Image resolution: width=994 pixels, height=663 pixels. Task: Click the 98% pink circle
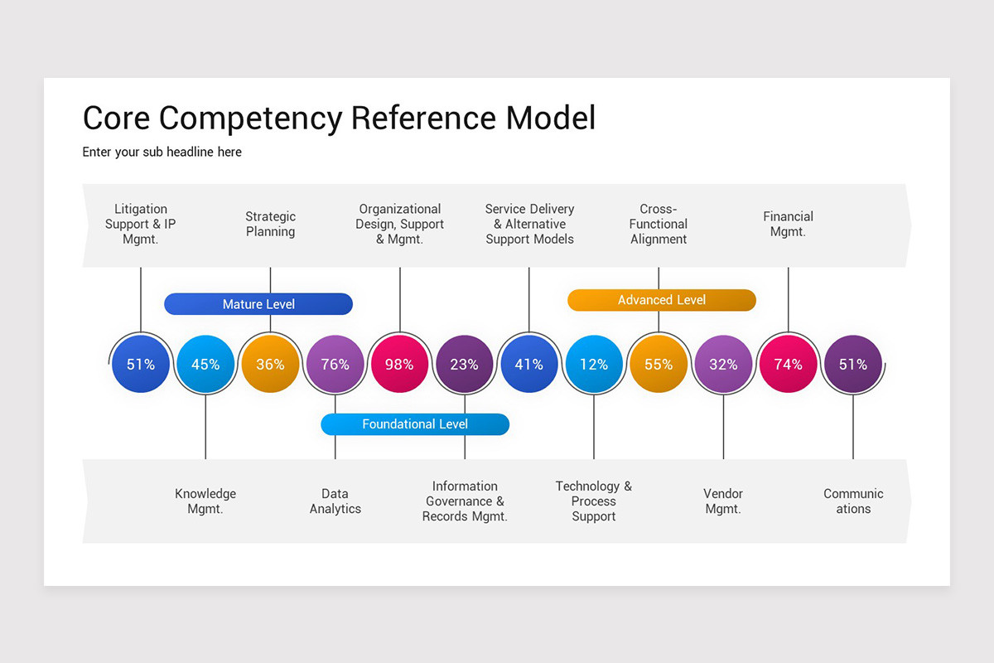pos(399,364)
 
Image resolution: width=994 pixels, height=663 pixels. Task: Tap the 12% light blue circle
pos(594,364)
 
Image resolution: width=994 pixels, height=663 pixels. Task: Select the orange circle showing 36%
pos(270,364)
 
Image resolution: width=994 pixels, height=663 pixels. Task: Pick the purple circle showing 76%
pos(335,364)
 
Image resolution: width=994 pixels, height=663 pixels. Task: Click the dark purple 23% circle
pos(464,364)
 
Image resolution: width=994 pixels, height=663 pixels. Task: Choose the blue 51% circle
pos(141,364)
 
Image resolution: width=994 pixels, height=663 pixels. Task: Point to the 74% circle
pos(788,364)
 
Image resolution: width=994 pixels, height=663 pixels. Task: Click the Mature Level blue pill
pos(258,304)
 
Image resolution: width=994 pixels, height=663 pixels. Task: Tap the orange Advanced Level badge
pos(661,300)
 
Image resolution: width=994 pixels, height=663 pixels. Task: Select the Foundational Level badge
pos(415,424)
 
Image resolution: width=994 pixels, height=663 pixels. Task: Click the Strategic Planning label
pos(270,225)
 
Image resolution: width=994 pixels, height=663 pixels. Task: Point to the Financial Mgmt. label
pos(788,225)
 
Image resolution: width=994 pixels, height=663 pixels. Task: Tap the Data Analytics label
pos(335,501)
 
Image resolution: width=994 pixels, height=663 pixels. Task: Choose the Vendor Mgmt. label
pos(723,501)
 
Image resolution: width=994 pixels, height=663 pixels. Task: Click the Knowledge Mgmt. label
pos(205,501)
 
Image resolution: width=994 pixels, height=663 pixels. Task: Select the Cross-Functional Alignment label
pos(659,225)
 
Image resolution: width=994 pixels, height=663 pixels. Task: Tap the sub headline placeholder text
pos(162,152)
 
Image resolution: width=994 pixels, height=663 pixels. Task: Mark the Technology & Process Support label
pos(594,501)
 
